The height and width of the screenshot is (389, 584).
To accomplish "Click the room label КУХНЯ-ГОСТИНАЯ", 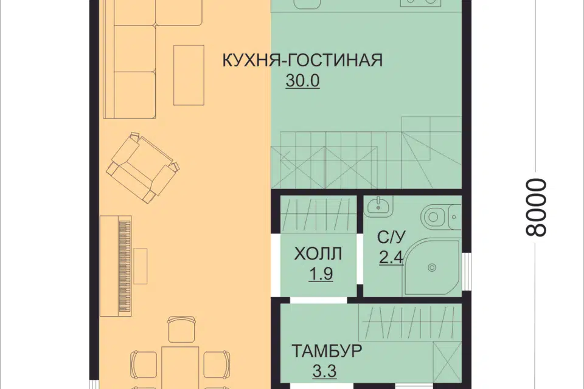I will (302, 61).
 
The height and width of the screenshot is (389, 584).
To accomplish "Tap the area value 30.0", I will (302, 81).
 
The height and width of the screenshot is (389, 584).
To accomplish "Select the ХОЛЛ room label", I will (318, 253).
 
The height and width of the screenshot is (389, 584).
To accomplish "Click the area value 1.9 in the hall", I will (320, 274).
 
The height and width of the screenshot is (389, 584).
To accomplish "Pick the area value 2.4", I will (391, 258).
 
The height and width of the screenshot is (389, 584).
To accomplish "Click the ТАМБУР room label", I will (326, 351).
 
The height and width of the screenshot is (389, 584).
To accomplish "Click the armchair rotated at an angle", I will (144, 168).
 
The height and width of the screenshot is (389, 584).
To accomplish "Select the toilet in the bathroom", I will (436, 216).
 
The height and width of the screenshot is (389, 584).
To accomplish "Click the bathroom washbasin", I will (378, 204).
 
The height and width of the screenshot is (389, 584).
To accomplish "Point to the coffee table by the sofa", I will (189, 75).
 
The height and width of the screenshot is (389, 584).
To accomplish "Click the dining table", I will (180, 367).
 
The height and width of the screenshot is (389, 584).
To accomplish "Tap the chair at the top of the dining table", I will (180, 329).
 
